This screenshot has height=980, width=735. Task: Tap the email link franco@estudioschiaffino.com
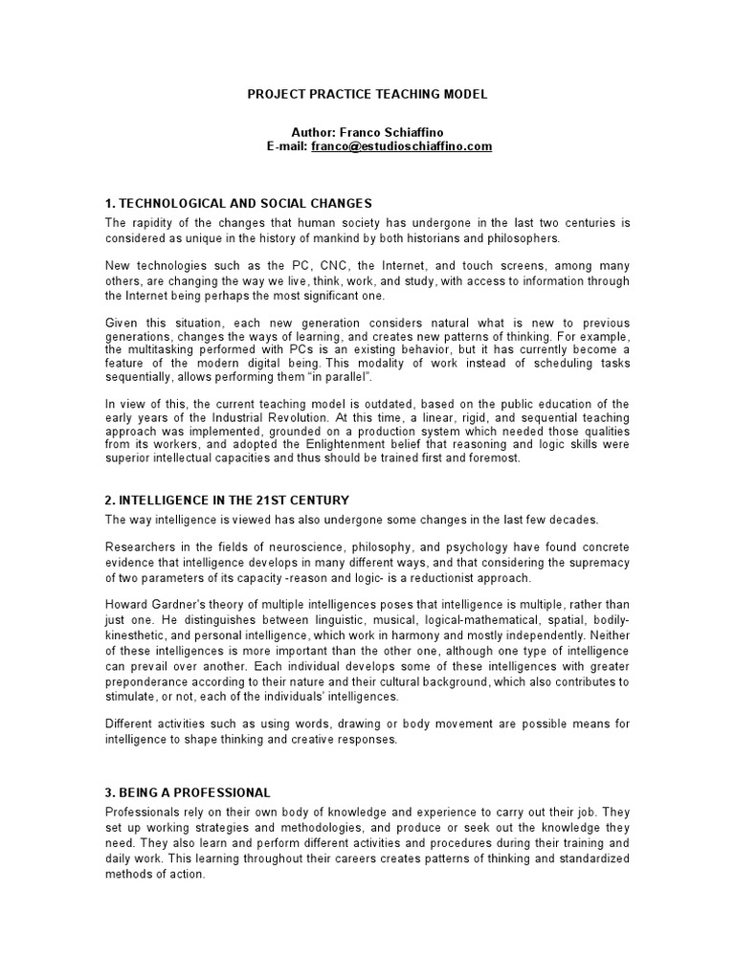(x=401, y=146)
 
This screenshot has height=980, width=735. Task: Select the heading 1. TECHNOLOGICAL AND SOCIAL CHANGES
(x=238, y=204)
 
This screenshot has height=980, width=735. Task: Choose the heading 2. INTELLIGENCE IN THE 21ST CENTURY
(x=227, y=501)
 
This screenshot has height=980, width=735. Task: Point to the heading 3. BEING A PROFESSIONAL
(x=189, y=793)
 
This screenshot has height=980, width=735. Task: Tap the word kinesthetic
(x=137, y=636)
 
